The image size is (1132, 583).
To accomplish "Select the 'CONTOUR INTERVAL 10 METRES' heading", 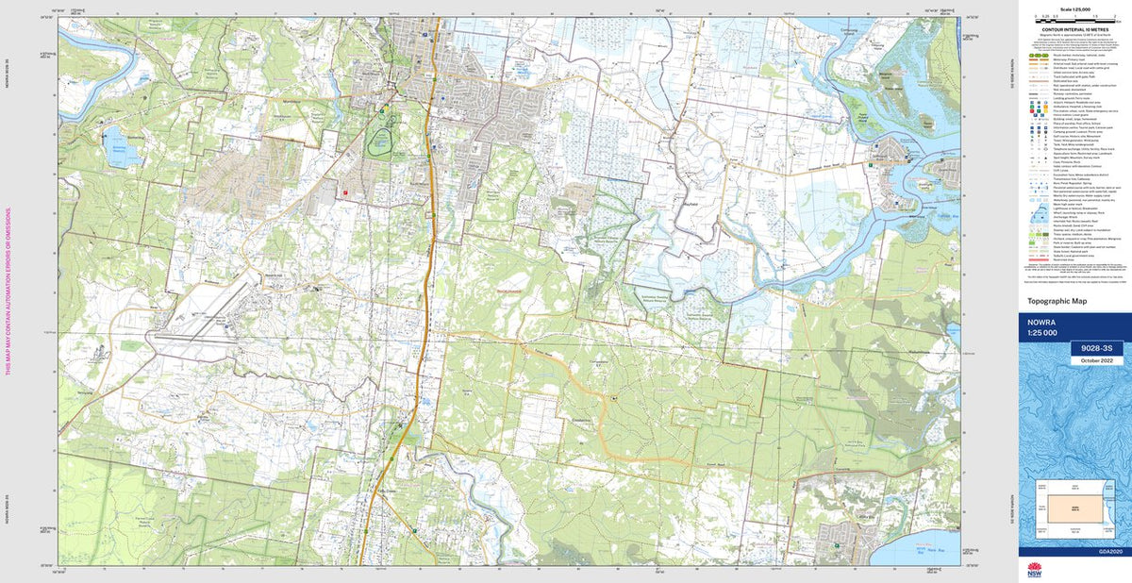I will (1075, 29).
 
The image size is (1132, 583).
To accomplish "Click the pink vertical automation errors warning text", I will (10, 291).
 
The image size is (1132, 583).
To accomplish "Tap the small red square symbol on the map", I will (346, 192).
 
